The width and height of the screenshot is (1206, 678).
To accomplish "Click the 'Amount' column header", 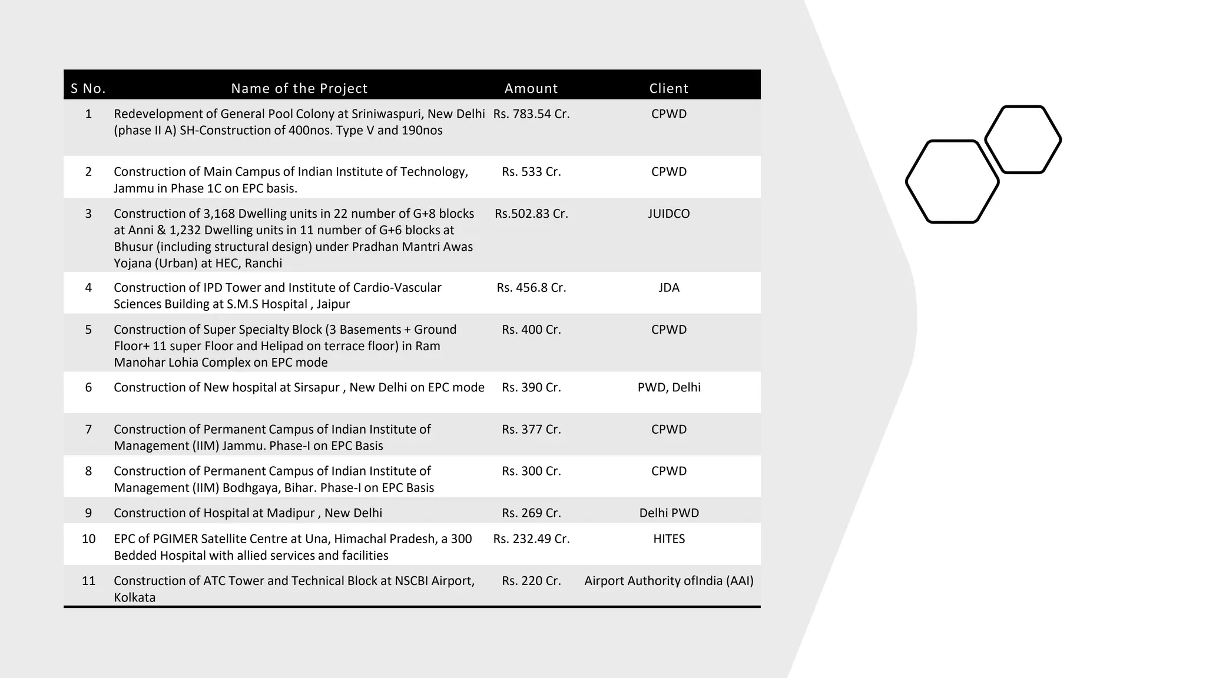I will click(x=531, y=88).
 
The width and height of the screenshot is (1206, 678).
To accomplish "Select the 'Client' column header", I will click(x=668, y=88).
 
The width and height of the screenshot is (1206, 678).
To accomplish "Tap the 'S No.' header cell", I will click(x=88, y=89).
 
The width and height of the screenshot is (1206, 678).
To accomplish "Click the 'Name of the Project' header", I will click(x=299, y=88).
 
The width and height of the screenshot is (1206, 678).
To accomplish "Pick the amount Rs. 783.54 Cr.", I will click(x=531, y=114).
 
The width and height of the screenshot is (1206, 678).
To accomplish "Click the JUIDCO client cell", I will click(x=668, y=214).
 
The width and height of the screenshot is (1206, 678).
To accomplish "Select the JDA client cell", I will click(x=668, y=288).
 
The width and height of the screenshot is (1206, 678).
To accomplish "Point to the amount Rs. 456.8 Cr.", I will click(x=531, y=288).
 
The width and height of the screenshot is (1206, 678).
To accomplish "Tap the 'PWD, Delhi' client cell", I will click(x=669, y=387).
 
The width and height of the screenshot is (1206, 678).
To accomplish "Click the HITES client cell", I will click(x=669, y=539).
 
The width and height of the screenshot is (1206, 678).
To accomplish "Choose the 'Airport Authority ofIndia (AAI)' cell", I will click(x=668, y=581).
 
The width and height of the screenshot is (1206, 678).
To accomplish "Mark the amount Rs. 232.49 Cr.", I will click(x=531, y=539).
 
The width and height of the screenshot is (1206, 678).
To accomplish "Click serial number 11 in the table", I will click(x=88, y=581).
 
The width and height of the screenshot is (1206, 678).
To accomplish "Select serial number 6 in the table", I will click(x=88, y=387).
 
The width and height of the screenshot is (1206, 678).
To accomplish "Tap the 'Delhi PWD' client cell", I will click(x=669, y=513).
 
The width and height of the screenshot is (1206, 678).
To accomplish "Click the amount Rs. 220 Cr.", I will click(x=531, y=581).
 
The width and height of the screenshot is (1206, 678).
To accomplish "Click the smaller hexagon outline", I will click(x=1023, y=139).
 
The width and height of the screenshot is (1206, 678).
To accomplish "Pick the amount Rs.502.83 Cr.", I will click(x=531, y=214).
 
